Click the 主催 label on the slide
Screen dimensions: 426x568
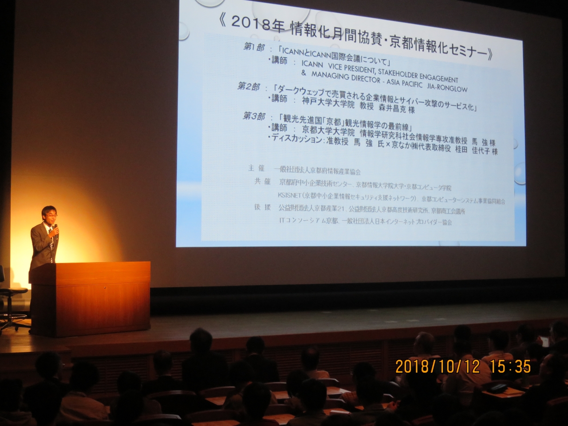(x=256, y=168)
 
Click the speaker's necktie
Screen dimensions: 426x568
(x=51, y=240)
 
